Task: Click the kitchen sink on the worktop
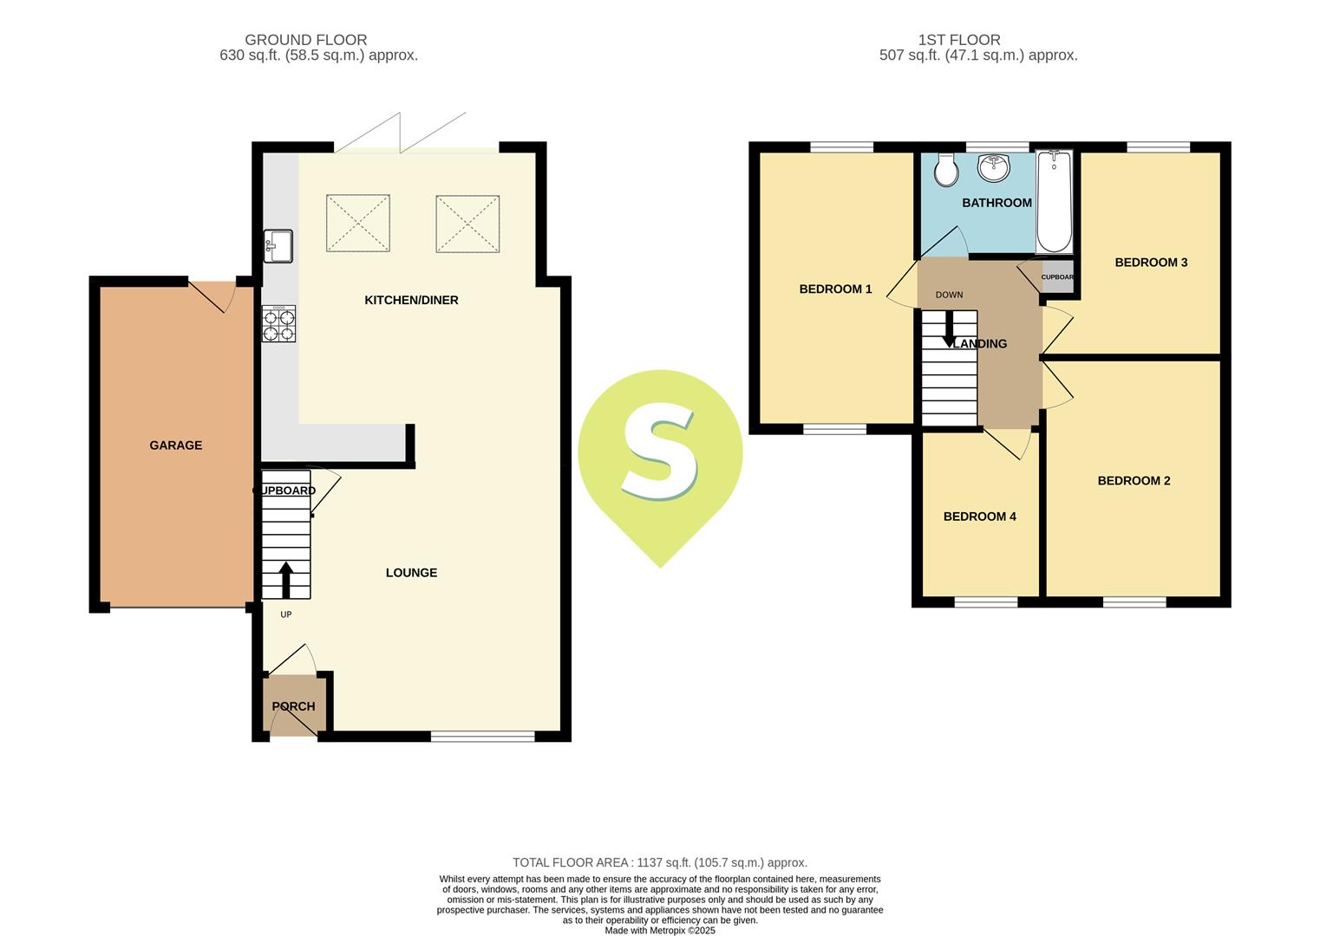(279, 245)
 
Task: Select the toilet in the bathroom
(946, 171)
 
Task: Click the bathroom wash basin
(994, 168)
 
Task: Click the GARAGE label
(176, 445)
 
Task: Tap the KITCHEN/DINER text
(411, 300)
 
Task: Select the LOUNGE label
(411, 573)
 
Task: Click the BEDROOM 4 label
(979, 517)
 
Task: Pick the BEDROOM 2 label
(1134, 481)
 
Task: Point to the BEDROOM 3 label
(1151, 263)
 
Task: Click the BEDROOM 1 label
(835, 289)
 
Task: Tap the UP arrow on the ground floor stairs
(285, 580)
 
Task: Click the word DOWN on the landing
(949, 295)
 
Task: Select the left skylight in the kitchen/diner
(358, 224)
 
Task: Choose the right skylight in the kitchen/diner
(467, 224)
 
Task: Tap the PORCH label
(293, 706)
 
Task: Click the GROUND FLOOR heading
(305, 40)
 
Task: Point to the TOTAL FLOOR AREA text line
(660, 862)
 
